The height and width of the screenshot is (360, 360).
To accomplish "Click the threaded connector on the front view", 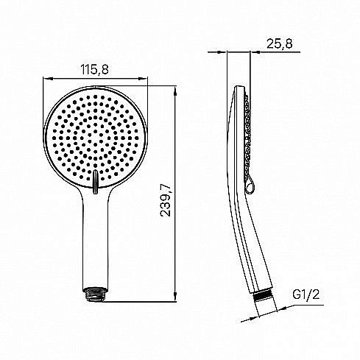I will click(x=96, y=293).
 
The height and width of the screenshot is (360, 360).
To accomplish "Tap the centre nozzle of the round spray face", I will click(x=96, y=136).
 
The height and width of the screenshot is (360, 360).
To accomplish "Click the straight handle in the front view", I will click(x=96, y=236).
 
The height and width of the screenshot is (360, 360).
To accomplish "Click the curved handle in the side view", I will click(x=250, y=236).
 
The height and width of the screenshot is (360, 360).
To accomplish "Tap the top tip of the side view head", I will click(x=238, y=88).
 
